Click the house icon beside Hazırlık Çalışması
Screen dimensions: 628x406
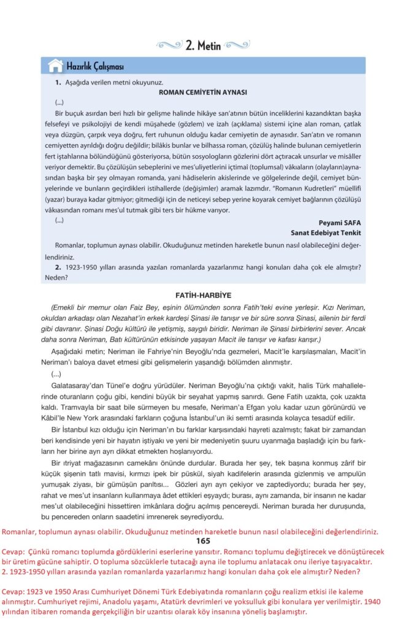[x=55, y=66]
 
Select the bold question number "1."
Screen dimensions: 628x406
[x=58, y=82]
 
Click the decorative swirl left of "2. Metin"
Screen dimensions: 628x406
[x=169, y=45]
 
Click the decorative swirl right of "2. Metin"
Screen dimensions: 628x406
[x=236, y=45]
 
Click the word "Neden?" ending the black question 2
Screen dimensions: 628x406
[x=56, y=277]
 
